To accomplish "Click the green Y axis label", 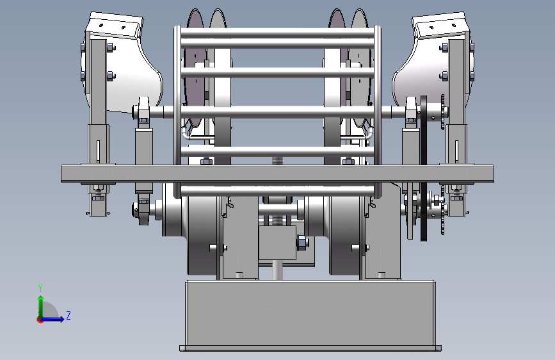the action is pos(40,288).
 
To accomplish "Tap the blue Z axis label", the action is pos(68,315).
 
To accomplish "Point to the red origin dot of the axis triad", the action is pos(40,320).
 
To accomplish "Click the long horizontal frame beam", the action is pos(278,174).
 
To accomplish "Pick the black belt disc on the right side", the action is pos(424,168).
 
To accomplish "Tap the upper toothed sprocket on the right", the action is pos(442,112).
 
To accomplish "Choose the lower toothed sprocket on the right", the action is pos(442,214).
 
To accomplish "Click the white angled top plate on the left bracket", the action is pos(116,25).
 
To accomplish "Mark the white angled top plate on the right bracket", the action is pos(440,25).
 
